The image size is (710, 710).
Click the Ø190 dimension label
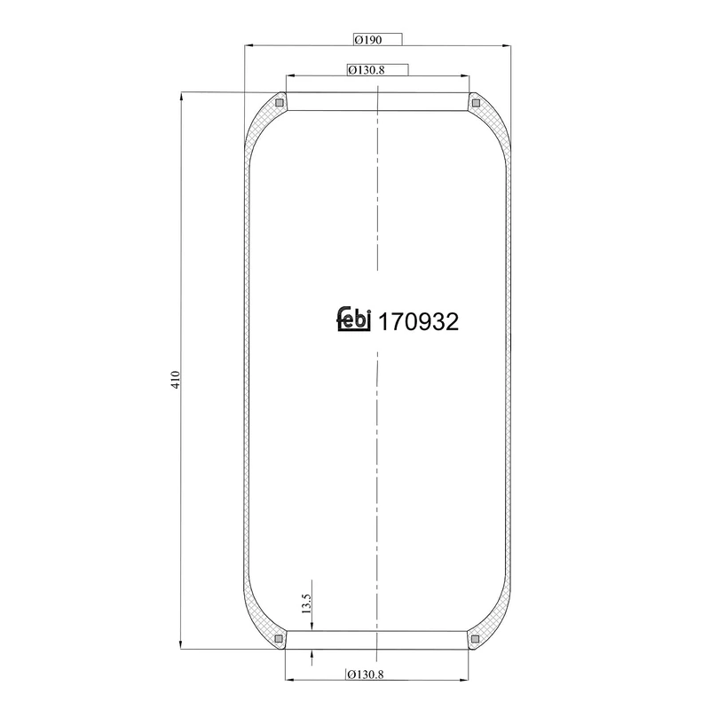point(368,40)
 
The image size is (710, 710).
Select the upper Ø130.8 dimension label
point(367,70)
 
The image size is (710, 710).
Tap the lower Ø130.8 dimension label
point(366,674)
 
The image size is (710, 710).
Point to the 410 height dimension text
point(176,379)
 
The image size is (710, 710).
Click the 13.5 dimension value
point(306,603)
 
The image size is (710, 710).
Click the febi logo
point(354,319)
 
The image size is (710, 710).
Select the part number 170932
point(418,322)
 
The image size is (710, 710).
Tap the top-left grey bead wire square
point(280,103)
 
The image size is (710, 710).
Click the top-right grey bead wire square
point(476,103)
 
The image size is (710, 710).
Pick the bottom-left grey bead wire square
point(279,638)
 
